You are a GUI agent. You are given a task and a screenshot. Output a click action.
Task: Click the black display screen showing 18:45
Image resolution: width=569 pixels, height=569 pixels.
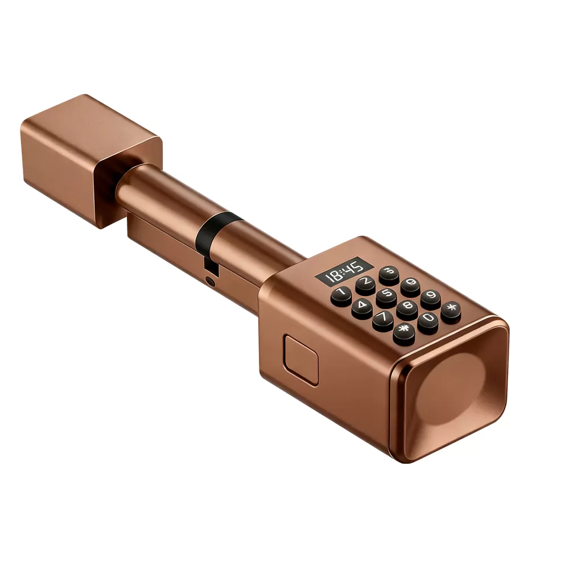(x=344, y=271)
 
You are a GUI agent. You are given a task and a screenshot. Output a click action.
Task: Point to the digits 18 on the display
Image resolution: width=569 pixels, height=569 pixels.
(x=335, y=275)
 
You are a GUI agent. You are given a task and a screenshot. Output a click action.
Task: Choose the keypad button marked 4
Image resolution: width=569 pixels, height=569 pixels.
(x=362, y=308)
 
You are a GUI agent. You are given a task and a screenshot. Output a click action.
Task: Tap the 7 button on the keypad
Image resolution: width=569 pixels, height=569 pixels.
(x=383, y=320)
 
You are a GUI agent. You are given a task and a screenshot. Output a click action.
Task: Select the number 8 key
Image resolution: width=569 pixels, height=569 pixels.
(x=407, y=308)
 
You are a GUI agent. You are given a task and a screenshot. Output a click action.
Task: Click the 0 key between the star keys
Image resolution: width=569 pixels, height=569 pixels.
(x=428, y=320)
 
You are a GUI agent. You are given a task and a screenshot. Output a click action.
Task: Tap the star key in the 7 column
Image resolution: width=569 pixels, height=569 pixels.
(x=404, y=333)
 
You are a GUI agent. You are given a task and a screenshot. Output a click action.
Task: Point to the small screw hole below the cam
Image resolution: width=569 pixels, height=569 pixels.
(x=211, y=281)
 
